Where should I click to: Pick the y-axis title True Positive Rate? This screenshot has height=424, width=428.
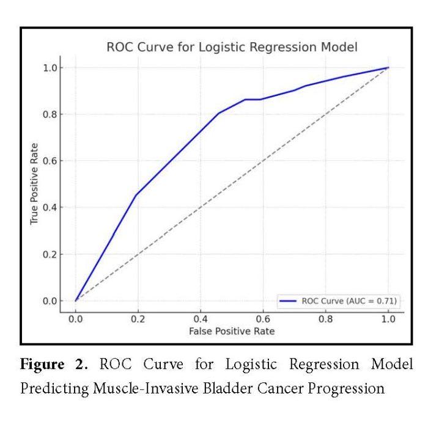point(35,184)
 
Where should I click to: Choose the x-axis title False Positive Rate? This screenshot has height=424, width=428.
point(232,331)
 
